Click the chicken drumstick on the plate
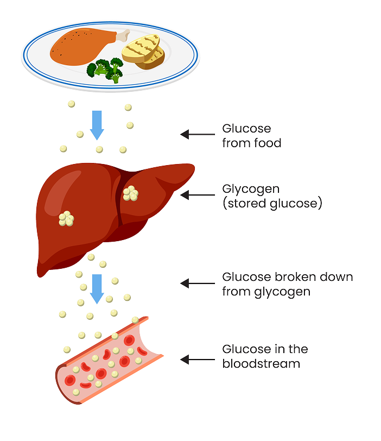pos(81,46)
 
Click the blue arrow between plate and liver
pos(98,124)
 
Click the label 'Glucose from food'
pos(251,136)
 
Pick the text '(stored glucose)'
pos(272,204)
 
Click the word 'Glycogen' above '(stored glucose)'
pos(251,190)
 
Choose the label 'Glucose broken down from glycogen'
pos(287,284)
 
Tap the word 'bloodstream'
pos(261,364)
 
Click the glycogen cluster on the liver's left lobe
pos(67,218)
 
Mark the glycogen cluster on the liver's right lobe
pos(130,193)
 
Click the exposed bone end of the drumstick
pos(124,36)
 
